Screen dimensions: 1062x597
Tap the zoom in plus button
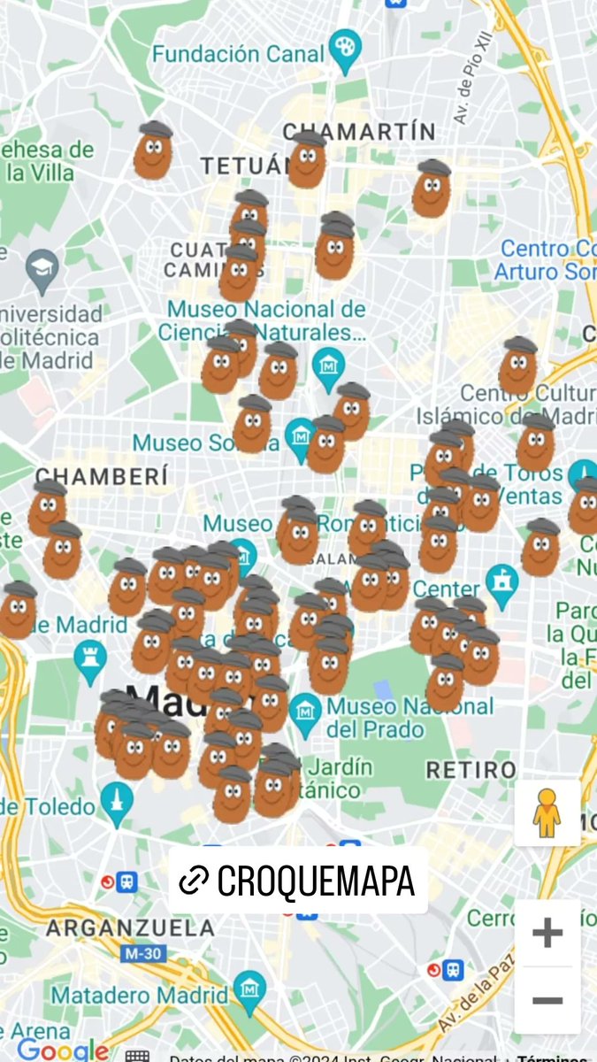pyautogui.click(x=547, y=932)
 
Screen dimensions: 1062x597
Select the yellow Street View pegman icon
pyautogui.click(x=547, y=813)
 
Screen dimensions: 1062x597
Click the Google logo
pyautogui.click(x=63, y=1050)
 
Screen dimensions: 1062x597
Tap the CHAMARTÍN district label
pyautogui.click(x=359, y=132)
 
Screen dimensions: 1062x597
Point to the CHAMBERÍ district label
pyautogui.click(x=101, y=476)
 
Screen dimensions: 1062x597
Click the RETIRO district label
pyautogui.click(x=471, y=769)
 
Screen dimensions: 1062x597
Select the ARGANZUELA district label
pyautogui.click(x=130, y=928)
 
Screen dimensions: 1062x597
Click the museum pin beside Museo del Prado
pyautogui.click(x=305, y=712)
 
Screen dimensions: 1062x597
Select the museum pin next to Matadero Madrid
pyautogui.click(x=249, y=989)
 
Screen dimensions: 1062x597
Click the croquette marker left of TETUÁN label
pyautogui.click(x=153, y=151)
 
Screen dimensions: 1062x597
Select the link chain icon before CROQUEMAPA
pyautogui.click(x=193, y=881)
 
